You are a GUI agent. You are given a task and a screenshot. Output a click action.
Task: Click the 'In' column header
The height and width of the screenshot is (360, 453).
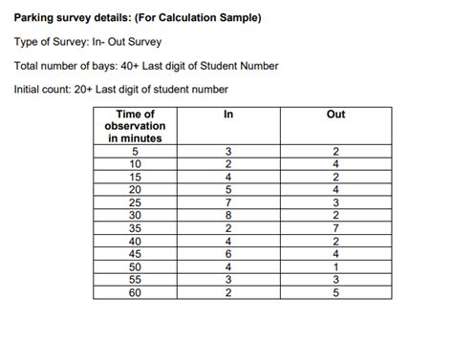228,115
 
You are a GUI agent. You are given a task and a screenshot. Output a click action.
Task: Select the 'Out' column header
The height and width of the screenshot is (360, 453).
335,115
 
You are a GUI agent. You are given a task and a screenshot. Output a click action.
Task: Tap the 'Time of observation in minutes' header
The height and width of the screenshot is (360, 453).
135,126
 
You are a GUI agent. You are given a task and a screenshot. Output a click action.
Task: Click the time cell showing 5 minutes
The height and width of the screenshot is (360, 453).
135,152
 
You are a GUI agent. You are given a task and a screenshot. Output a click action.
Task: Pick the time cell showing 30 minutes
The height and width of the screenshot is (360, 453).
135,215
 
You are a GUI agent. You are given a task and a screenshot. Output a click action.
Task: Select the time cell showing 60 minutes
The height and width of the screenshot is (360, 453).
135,292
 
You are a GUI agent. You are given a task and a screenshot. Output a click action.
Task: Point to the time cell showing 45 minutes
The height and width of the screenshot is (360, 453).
135,254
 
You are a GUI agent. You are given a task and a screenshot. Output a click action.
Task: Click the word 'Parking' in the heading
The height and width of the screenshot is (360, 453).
35,18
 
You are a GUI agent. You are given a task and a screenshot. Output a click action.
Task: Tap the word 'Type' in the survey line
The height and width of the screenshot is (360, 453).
27,42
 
